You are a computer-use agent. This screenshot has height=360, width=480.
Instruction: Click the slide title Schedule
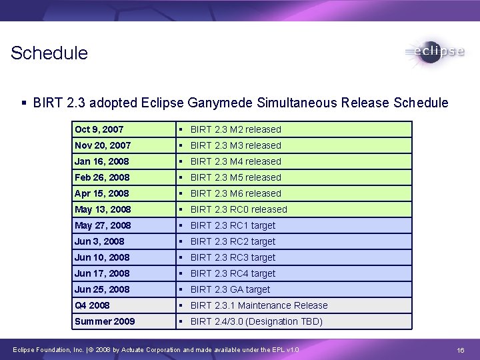(x=49, y=53)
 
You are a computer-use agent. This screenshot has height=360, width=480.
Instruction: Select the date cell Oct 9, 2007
(x=99, y=129)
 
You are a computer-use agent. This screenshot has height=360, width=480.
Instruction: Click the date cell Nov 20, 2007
(x=103, y=145)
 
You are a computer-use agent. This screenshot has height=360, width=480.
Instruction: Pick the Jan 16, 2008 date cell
(x=102, y=161)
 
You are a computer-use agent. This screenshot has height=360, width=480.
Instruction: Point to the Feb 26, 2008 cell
(x=103, y=177)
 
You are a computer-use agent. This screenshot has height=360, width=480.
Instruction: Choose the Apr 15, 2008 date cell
(x=102, y=193)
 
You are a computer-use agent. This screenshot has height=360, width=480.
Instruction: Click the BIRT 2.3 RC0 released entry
(x=239, y=209)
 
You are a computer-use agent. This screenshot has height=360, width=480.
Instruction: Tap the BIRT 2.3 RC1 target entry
(x=233, y=225)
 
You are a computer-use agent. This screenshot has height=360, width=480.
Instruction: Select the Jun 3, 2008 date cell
(x=99, y=241)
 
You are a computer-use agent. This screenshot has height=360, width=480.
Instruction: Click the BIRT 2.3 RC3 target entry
(x=233, y=257)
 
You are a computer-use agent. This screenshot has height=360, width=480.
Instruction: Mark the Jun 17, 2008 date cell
(x=102, y=273)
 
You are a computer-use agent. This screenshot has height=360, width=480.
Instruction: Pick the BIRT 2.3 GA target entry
(x=230, y=289)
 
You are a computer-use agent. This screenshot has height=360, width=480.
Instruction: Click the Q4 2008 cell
(x=92, y=305)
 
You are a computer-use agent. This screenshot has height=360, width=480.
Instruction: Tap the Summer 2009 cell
(x=105, y=321)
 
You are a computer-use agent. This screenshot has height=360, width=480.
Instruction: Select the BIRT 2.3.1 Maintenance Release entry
(x=259, y=305)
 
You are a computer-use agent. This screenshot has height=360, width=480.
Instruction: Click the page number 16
(x=460, y=350)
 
